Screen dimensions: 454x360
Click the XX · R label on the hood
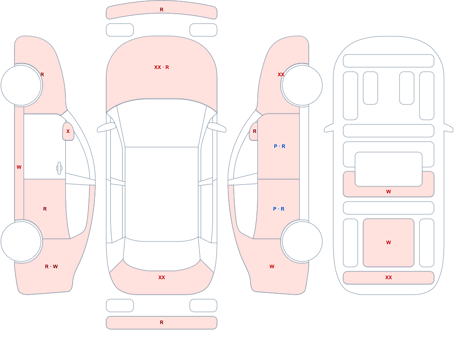coord(162,67)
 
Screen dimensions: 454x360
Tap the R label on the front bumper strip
coord(162,10)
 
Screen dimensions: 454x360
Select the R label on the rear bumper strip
coord(162,322)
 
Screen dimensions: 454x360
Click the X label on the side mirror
coord(68,131)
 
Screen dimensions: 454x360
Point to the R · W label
coord(51,266)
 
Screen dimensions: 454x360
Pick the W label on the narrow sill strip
coord(19,167)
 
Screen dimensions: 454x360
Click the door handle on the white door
coord(59,168)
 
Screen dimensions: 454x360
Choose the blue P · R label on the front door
coord(279,146)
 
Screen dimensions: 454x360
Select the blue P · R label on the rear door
coord(279,209)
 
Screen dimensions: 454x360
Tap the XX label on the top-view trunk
coord(162,277)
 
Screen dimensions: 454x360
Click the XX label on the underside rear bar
coord(389,277)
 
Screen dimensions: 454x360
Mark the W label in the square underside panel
coord(389,242)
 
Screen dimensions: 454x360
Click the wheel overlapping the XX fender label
coord(302,85)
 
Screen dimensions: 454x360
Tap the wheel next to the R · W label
coord(21,242)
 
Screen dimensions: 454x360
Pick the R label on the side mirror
coord(255,131)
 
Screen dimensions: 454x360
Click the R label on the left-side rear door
coord(45,209)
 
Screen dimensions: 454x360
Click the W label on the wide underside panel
coord(389,192)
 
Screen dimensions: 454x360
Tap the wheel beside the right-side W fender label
coord(302,242)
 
